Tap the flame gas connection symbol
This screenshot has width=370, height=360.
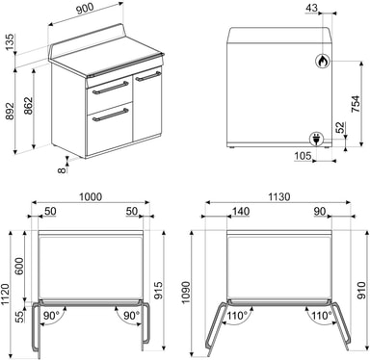(323, 61)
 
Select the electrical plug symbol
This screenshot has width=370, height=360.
(316, 139)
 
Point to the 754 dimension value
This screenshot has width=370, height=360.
(356, 104)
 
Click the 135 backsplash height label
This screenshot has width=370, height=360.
(10, 41)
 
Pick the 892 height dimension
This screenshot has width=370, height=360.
(10, 112)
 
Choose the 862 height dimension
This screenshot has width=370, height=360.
(28, 106)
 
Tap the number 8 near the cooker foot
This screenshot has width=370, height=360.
(62, 169)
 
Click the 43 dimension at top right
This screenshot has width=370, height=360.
(311, 8)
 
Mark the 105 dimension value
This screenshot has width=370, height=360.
(303, 156)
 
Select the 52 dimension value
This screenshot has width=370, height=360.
(340, 128)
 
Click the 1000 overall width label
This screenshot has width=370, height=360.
(91, 196)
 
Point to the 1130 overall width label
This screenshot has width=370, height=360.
(278, 196)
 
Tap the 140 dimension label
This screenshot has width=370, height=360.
(241, 211)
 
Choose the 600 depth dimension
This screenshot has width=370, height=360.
(19, 266)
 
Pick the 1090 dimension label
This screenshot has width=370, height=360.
(186, 293)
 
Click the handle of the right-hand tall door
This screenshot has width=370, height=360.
(148, 76)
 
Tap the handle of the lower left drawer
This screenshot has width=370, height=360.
(111, 116)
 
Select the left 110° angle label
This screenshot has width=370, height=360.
(237, 316)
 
